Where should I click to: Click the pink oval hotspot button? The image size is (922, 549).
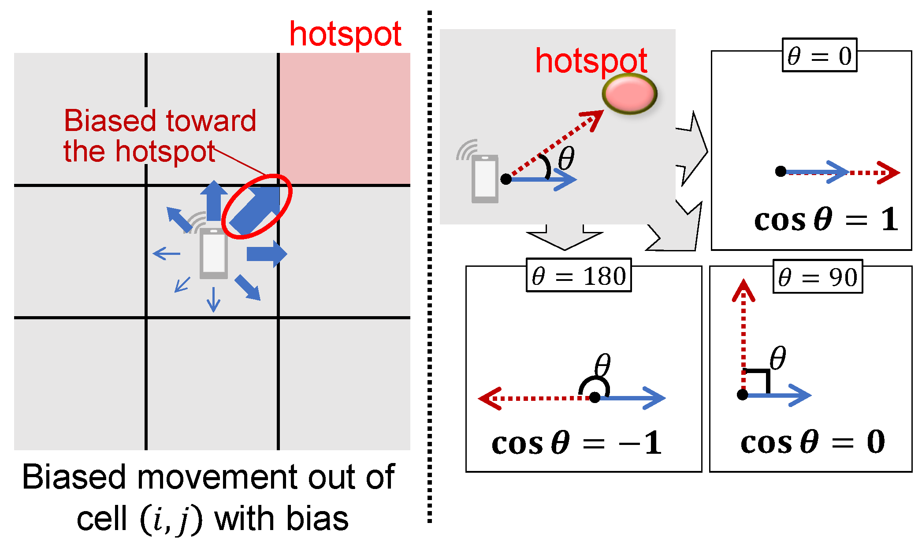click(629, 93)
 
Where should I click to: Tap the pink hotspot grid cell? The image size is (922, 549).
click(345, 118)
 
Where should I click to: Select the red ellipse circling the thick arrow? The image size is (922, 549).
click(257, 206)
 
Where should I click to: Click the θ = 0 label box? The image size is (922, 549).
click(819, 56)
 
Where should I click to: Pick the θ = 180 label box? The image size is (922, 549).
click(579, 276)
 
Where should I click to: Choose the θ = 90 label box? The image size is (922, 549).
click(818, 276)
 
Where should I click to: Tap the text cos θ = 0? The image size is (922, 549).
click(812, 441)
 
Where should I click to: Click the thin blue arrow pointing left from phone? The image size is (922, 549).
click(167, 254)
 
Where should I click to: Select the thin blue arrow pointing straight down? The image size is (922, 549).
click(214, 299)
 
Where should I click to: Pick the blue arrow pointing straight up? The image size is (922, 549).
click(214, 201)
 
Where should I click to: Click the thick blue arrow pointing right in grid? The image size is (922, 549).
click(267, 254)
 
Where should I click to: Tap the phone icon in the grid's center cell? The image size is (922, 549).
click(214, 254)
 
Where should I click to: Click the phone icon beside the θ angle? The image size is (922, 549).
click(485, 179)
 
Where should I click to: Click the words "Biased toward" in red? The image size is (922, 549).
click(160, 120)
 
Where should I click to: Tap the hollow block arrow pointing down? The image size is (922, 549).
click(565, 237)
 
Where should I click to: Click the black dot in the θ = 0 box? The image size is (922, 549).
click(781, 171)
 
